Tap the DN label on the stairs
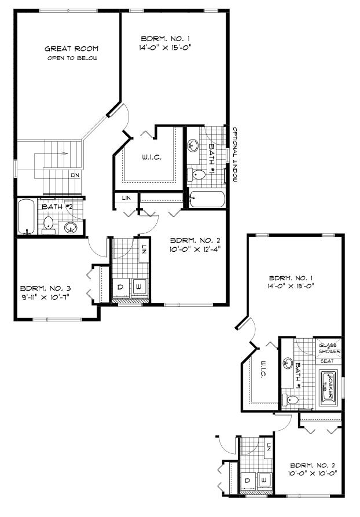tap(75, 174)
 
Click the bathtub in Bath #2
tap(26, 217)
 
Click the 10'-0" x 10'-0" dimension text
tap(313, 472)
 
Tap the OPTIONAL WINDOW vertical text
tap(236, 155)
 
